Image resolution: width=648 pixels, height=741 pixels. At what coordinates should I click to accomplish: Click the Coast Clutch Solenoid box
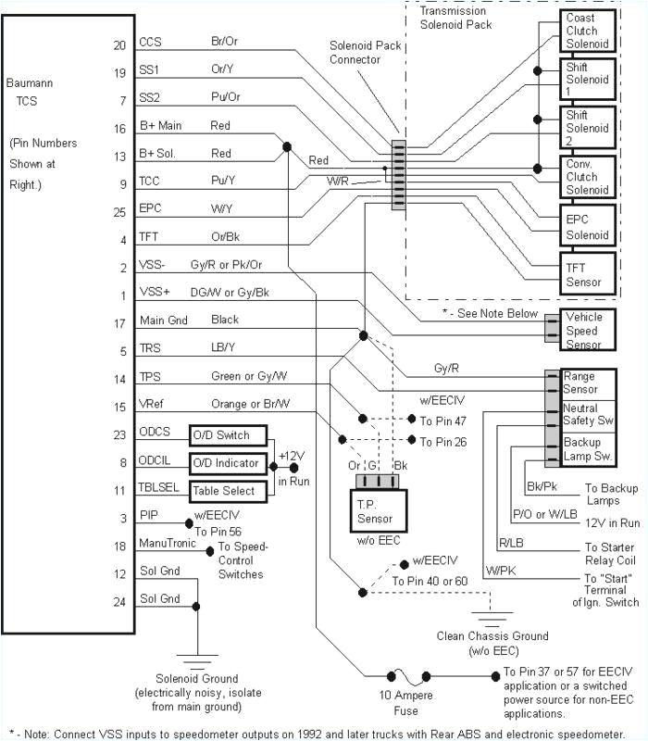click(588, 31)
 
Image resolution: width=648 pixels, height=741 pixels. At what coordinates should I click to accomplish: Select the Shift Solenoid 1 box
click(588, 81)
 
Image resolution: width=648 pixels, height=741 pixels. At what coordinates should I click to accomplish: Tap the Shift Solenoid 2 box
click(588, 128)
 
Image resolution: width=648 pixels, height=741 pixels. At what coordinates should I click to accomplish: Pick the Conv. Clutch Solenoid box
click(588, 176)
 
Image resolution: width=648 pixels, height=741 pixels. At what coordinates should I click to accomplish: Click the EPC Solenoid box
click(588, 227)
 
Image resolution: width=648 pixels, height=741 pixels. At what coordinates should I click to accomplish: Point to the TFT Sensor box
click(588, 275)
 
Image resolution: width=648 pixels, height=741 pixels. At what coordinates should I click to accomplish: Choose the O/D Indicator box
click(227, 462)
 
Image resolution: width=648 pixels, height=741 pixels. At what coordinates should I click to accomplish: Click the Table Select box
click(227, 491)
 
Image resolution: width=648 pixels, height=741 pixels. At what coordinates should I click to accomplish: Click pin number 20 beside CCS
click(119, 44)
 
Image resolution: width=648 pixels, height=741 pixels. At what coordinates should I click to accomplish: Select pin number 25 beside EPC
click(119, 211)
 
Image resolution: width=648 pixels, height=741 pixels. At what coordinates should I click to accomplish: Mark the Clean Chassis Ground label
click(492, 643)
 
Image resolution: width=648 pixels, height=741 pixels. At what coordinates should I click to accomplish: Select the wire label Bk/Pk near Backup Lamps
click(541, 486)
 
